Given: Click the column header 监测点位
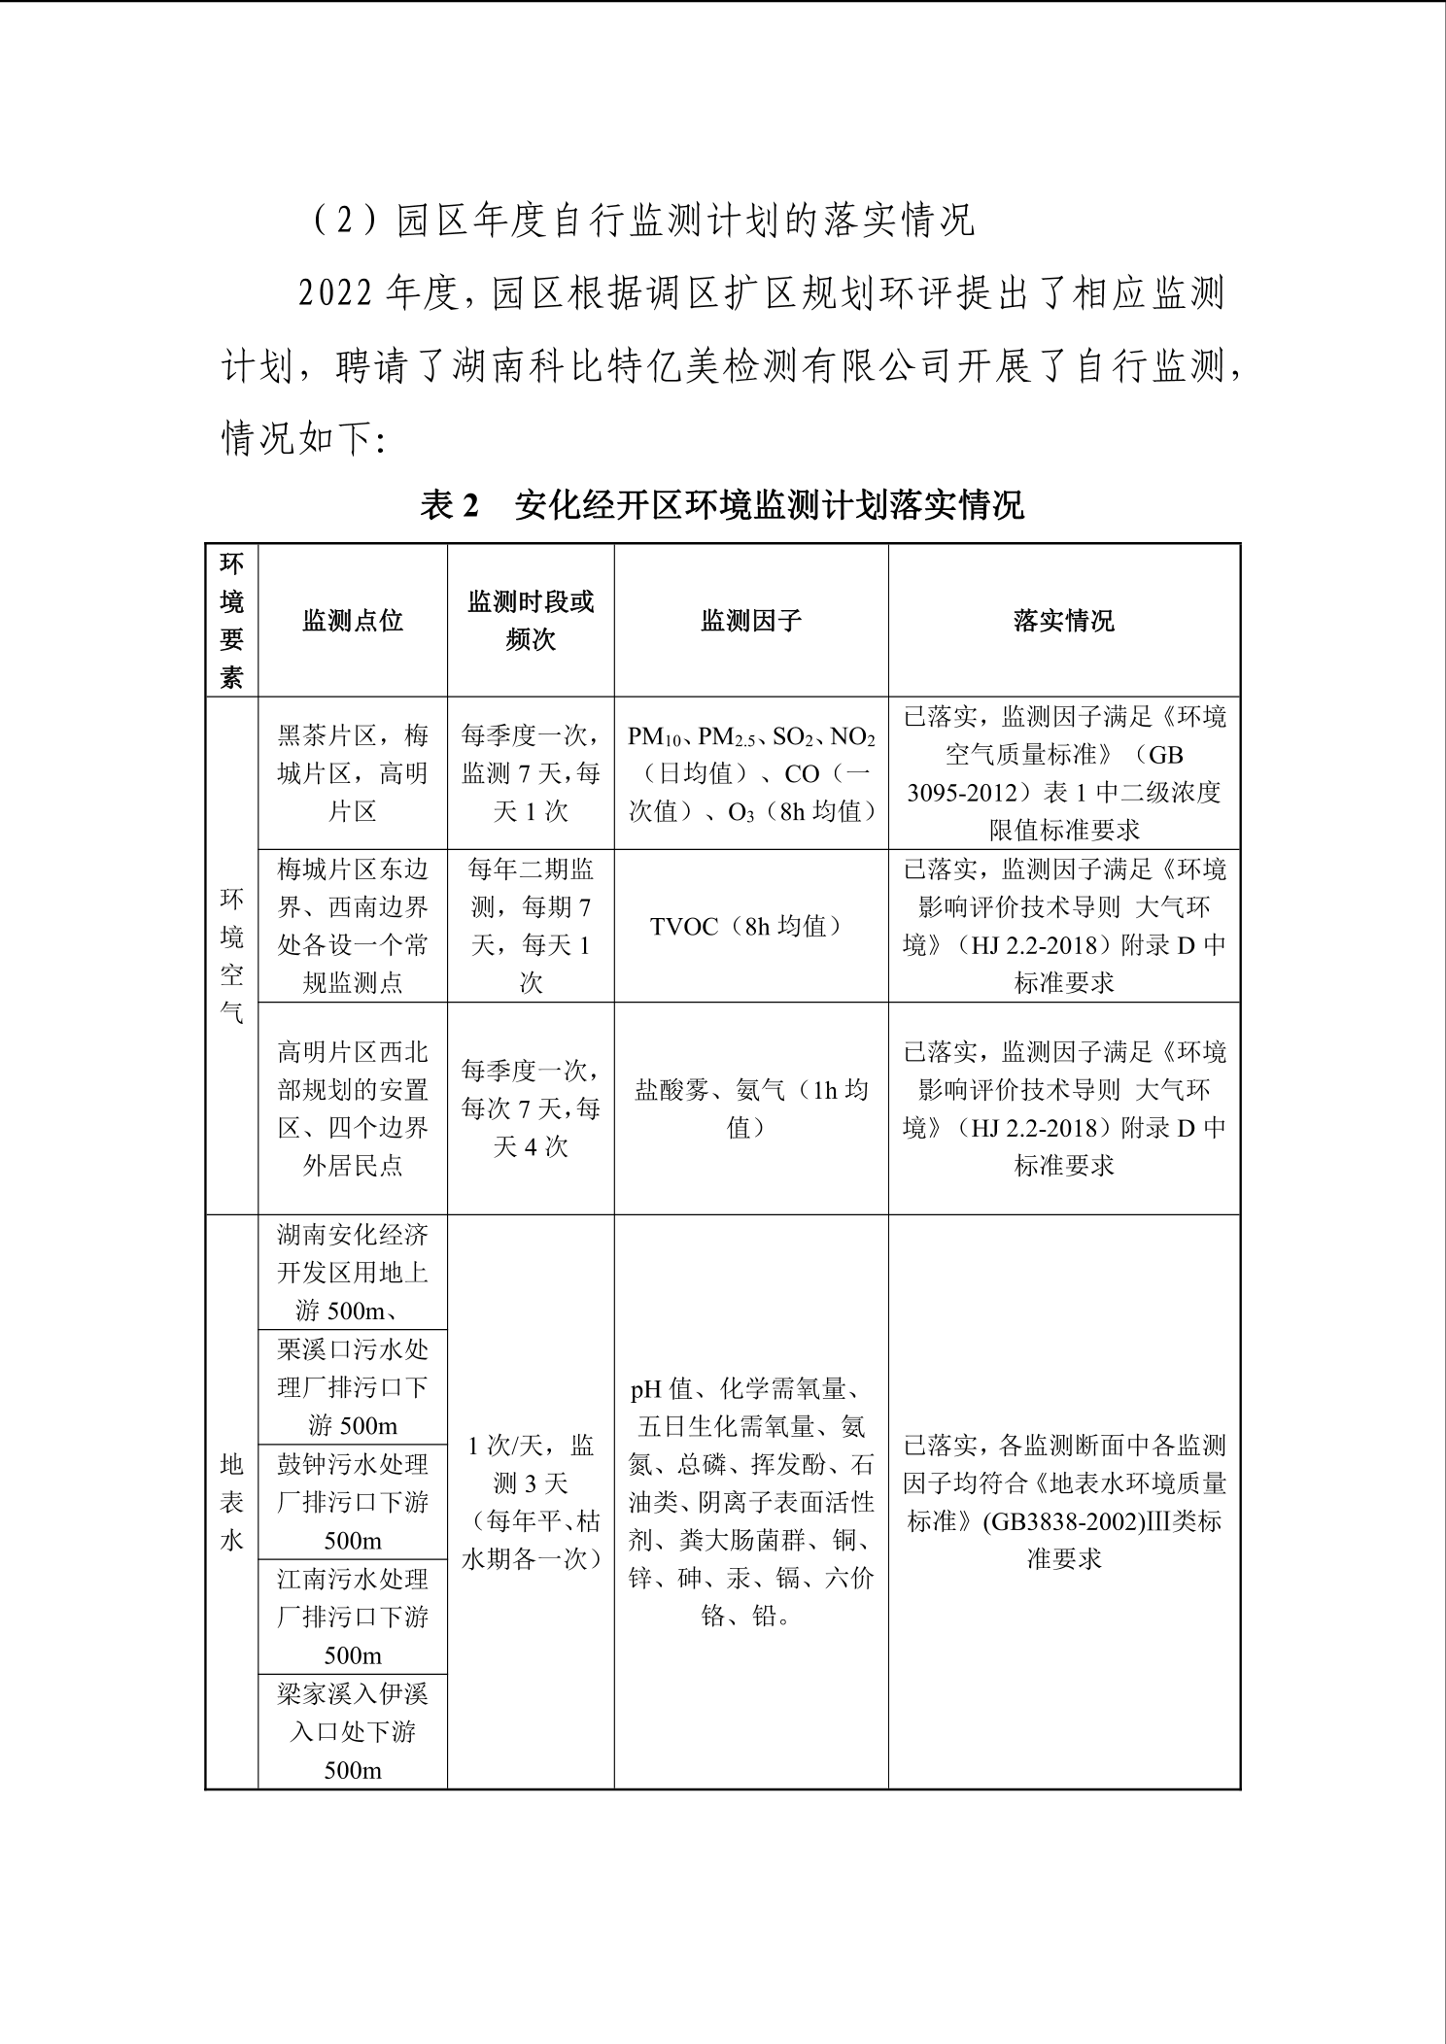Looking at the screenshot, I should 352,621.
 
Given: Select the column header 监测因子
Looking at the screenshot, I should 750,621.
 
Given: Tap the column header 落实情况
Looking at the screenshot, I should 1063,621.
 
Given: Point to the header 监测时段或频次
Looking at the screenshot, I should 531,621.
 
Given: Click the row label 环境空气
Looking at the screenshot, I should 231,955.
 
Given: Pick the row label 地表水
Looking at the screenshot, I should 231,1502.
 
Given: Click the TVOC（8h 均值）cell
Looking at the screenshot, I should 750,926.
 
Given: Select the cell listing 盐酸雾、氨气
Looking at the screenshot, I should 750,1108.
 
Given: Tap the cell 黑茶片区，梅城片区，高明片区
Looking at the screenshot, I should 352,773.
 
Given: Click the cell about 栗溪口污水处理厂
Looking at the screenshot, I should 352,1387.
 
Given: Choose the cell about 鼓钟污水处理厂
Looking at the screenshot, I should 352,1502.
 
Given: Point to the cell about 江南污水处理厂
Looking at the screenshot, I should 352,1617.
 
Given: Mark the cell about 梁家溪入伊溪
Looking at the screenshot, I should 352,1731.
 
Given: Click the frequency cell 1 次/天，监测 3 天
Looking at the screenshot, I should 531,1502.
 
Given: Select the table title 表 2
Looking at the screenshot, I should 451,506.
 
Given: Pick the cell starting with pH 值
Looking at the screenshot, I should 750,1502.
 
